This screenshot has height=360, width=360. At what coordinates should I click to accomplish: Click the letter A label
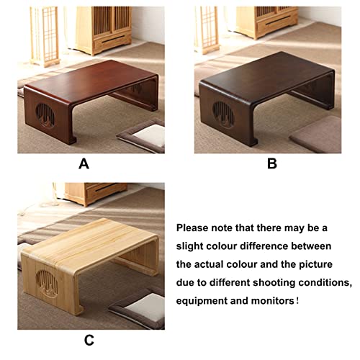click(x=84, y=164)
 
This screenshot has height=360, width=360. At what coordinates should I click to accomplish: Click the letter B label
click(x=272, y=164)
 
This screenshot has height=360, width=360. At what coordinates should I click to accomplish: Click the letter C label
click(x=89, y=340)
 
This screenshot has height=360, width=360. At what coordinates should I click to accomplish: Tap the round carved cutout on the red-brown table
click(x=45, y=115)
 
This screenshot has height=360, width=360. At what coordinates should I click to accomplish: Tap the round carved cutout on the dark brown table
click(x=223, y=114)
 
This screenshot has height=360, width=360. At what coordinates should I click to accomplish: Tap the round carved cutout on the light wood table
click(x=47, y=284)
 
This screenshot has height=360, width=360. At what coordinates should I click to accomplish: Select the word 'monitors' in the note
click(x=272, y=300)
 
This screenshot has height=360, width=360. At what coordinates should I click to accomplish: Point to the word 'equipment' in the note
click(x=201, y=301)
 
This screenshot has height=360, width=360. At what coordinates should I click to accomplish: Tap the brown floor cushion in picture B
click(x=316, y=135)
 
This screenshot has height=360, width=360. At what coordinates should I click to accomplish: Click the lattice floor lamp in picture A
click(x=45, y=36)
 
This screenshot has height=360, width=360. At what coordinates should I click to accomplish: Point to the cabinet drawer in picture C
click(x=106, y=192)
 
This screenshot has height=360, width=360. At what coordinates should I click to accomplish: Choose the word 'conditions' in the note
click(x=325, y=283)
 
